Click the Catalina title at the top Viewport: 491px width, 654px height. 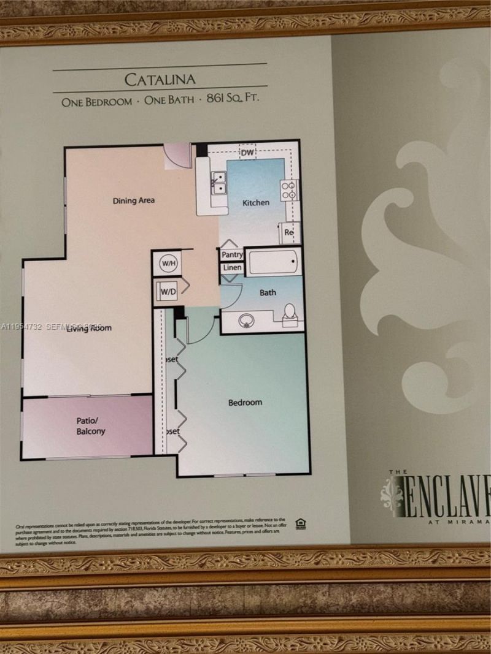point(160,80)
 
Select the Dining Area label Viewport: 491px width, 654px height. point(133,200)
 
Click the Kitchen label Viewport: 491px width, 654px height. point(255,203)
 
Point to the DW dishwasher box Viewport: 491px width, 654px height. point(247,152)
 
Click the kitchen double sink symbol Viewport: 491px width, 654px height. point(218,183)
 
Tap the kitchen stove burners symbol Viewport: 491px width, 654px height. point(288,189)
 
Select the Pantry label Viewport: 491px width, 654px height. point(232,254)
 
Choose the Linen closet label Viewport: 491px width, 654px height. point(232,268)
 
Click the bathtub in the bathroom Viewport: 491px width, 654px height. point(273,262)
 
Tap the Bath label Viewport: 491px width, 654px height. point(268,292)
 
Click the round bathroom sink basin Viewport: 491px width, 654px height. point(247,321)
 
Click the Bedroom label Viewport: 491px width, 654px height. point(245,403)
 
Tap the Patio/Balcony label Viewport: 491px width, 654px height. point(91,426)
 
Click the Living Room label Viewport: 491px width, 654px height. point(89,329)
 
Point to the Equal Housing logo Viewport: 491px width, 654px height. point(301,523)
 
